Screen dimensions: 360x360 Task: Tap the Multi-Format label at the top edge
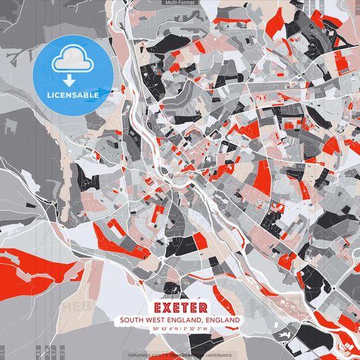[180, 3]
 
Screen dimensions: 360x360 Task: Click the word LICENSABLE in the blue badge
[73, 95]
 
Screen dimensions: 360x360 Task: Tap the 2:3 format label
[62, 352]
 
